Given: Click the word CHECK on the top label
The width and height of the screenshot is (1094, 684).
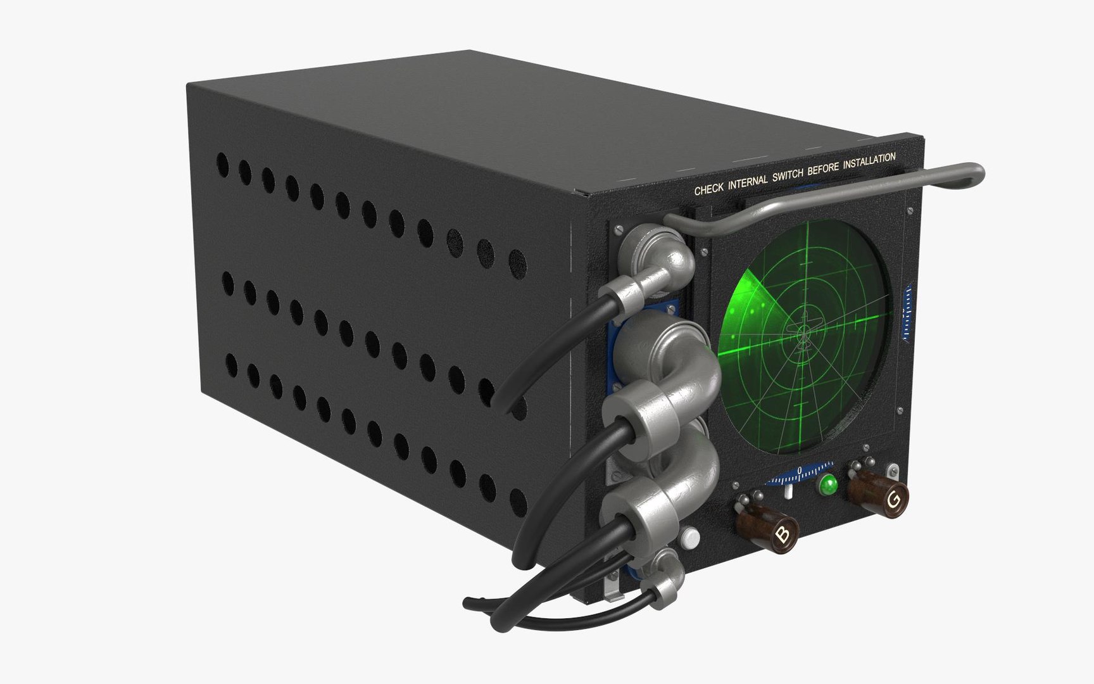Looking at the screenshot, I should coord(708,189).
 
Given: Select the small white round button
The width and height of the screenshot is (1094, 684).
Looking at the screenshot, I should coord(691,539).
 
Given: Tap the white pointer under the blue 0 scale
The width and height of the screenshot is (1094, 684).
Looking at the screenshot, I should coord(789,492).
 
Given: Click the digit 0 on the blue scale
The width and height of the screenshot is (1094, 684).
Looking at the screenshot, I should coord(800,470).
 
